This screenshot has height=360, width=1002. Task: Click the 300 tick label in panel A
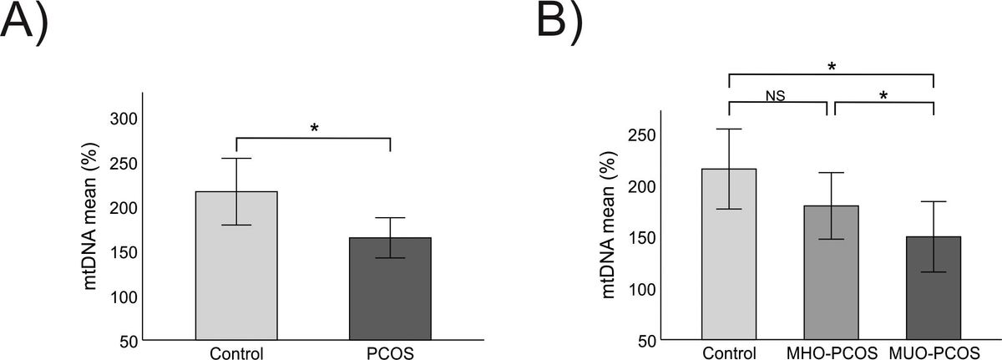pyautogui.click(x=124, y=119)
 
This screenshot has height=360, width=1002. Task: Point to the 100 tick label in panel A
pyautogui.click(x=124, y=297)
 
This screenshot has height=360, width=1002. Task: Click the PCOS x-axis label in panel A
pyautogui.click(x=390, y=352)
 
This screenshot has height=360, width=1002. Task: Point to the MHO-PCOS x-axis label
pyautogui.click(x=832, y=352)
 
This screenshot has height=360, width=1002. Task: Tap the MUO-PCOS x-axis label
pyautogui.click(x=933, y=352)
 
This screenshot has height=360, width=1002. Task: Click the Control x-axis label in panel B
pyautogui.click(x=729, y=352)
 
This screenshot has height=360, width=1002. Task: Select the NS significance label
pyautogui.click(x=776, y=95)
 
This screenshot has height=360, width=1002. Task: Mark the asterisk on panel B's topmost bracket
pyautogui.click(x=832, y=67)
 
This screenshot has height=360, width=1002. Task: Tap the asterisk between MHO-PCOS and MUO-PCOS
pyautogui.click(x=883, y=96)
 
